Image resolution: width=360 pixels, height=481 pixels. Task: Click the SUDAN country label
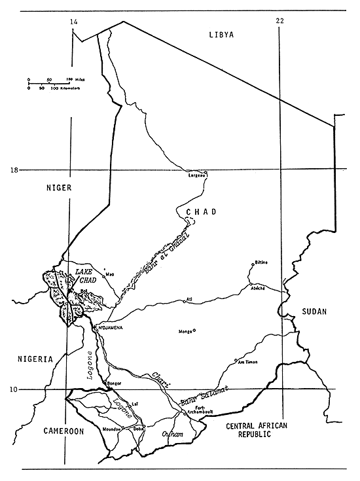[314, 312]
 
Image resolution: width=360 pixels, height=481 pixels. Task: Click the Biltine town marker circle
[253, 264]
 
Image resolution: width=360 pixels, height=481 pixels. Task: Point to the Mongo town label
[185, 332]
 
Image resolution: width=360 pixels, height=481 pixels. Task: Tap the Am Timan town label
[248, 362]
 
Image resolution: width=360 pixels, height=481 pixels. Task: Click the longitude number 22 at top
[280, 22]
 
